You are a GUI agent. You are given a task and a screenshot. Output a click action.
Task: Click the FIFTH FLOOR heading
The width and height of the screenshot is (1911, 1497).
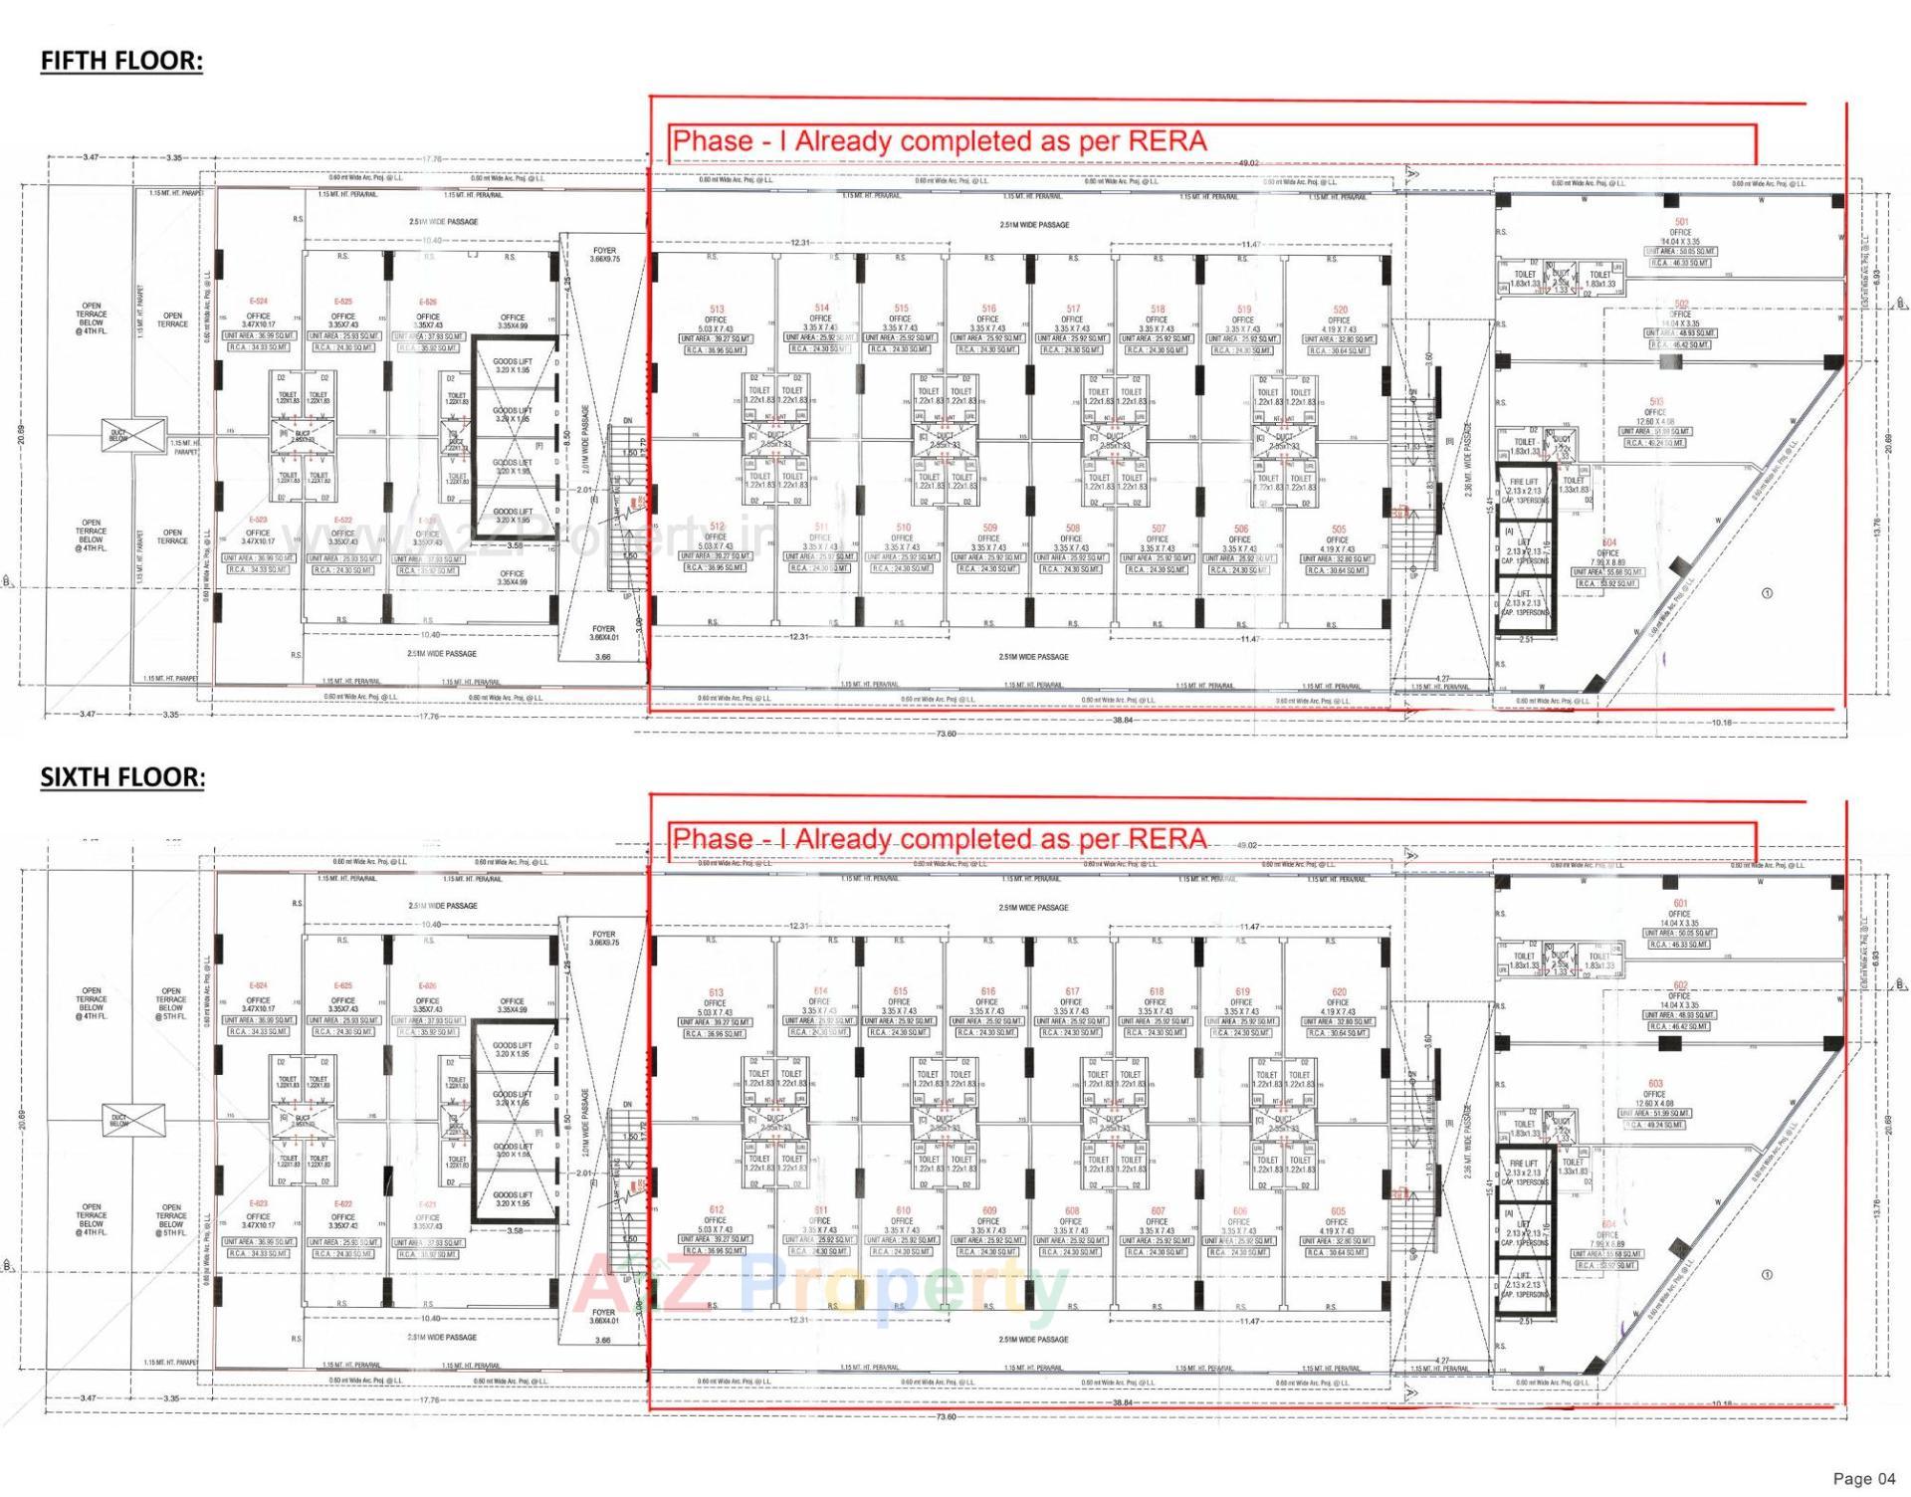click(121, 61)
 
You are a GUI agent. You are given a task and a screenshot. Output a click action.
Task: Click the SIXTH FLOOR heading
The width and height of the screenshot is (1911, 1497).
click(122, 777)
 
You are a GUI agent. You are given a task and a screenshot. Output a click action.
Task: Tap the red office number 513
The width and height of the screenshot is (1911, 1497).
click(717, 310)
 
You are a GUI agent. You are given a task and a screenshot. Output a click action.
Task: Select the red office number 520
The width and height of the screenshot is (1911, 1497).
click(1340, 310)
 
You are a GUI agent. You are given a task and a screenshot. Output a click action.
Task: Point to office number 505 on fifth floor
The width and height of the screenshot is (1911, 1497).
click(1339, 530)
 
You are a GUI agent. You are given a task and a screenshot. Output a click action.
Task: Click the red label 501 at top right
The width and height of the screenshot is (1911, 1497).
click(1681, 222)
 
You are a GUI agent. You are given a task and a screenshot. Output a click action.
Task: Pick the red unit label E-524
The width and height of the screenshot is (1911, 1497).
click(258, 301)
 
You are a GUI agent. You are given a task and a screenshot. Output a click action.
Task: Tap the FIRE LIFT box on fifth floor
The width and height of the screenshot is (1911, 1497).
click(1524, 488)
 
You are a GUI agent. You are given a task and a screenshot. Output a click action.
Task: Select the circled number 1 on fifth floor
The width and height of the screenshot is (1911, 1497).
click(1767, 593)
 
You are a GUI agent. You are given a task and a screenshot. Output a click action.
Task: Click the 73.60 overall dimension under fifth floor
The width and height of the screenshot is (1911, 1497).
click(946, 734)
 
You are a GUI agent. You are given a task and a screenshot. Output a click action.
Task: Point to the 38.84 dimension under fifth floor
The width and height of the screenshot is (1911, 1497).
click(1123, 720)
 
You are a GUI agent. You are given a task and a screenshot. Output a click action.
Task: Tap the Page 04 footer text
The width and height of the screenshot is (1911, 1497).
click(1863, 1479)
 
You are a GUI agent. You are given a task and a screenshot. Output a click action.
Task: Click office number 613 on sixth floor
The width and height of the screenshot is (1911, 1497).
click(716, 992)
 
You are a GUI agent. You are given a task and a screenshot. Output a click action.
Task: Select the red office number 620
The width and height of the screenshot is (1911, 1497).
click(1339, 992)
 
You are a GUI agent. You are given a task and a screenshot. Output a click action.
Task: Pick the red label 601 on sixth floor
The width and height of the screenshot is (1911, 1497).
click(1680, 904)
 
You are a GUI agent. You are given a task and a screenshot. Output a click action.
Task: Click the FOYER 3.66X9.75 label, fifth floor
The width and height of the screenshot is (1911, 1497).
click(604, 255)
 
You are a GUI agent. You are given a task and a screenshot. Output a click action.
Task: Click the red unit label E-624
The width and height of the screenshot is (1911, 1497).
click(258, 985)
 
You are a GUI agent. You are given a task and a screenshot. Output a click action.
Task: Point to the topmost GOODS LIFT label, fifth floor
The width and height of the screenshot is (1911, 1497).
click(512, 365)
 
